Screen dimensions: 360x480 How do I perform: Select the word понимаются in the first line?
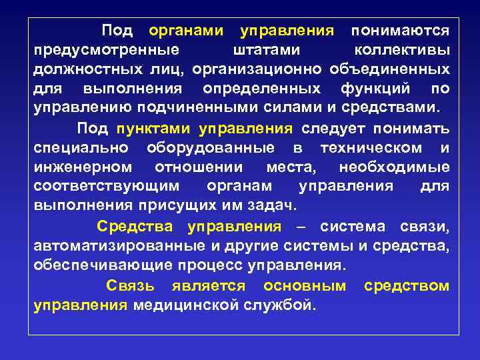point(400,31)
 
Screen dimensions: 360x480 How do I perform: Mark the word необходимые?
point(394,167)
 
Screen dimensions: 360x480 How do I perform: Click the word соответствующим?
point(107,186)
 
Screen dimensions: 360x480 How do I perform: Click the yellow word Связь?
point(131,286)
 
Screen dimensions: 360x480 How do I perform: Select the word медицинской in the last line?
point(190,305)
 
